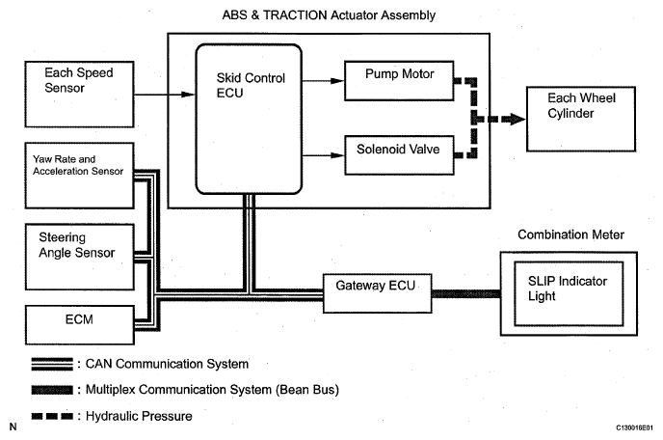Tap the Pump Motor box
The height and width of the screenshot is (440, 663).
tap(400, 74)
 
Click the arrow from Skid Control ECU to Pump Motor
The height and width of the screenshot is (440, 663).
tap(318, 74)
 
